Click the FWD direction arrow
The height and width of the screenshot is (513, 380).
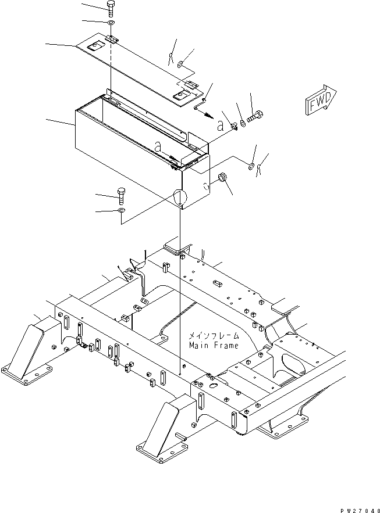[x=321, y=100]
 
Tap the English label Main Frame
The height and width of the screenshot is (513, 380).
[x=214, y=345]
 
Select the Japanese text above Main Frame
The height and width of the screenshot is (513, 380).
[x=214, y=336]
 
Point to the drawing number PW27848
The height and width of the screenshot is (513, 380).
[x=360, y=510]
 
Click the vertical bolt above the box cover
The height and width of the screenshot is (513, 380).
[x=110, y=9]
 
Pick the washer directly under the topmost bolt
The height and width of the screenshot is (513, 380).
[x=111, y=23]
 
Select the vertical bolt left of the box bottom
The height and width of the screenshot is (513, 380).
[x=121, y=196]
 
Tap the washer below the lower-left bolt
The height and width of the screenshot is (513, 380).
[x=121, y=210]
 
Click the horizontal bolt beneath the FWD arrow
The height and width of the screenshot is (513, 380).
[x=255, y=116]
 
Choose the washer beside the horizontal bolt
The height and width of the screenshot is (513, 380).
[x=243, y=123]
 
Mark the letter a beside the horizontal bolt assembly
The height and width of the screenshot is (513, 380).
[x=221, y=125]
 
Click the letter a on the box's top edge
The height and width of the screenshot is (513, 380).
[x=158, y=146]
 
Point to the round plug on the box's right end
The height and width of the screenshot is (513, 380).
[x=222, y=178]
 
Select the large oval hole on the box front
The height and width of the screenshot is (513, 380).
[x=179, y=198]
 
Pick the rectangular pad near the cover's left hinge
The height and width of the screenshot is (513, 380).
[x=94, y=47]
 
